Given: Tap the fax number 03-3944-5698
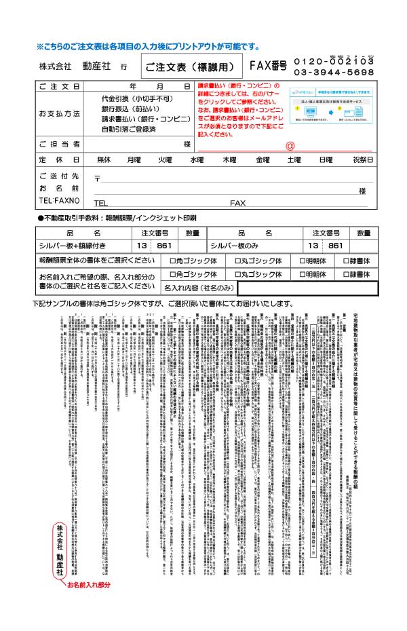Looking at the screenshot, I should [x=334, y=72].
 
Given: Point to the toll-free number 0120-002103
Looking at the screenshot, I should [x=334, y=61].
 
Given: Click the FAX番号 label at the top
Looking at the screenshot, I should [x=268, y=66].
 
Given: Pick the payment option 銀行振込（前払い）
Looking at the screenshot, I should [x=132, y=109].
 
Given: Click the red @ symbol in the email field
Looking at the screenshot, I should [x=290, y=145].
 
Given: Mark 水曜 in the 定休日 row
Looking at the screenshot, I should [x=196, y=159].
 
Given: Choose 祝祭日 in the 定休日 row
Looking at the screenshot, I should [x=362, y=159].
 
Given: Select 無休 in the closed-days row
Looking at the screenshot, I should [x=104, y=159].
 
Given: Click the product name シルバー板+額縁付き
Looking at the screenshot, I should [x=73, y=246].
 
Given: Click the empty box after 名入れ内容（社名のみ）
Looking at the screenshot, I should [x=306, y=288].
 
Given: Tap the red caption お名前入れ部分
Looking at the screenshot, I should [x=88, y=584].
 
